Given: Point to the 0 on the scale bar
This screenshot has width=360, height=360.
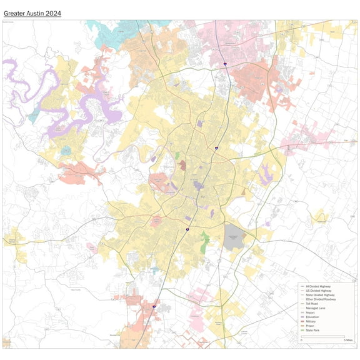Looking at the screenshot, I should [301, 340].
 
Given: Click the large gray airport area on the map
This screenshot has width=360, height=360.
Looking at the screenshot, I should [235, 237].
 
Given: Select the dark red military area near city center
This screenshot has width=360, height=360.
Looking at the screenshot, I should [182, 166].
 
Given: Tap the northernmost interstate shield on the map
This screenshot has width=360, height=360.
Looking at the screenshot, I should [224, 63].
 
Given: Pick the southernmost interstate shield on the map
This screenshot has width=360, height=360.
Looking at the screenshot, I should [154, 307].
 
